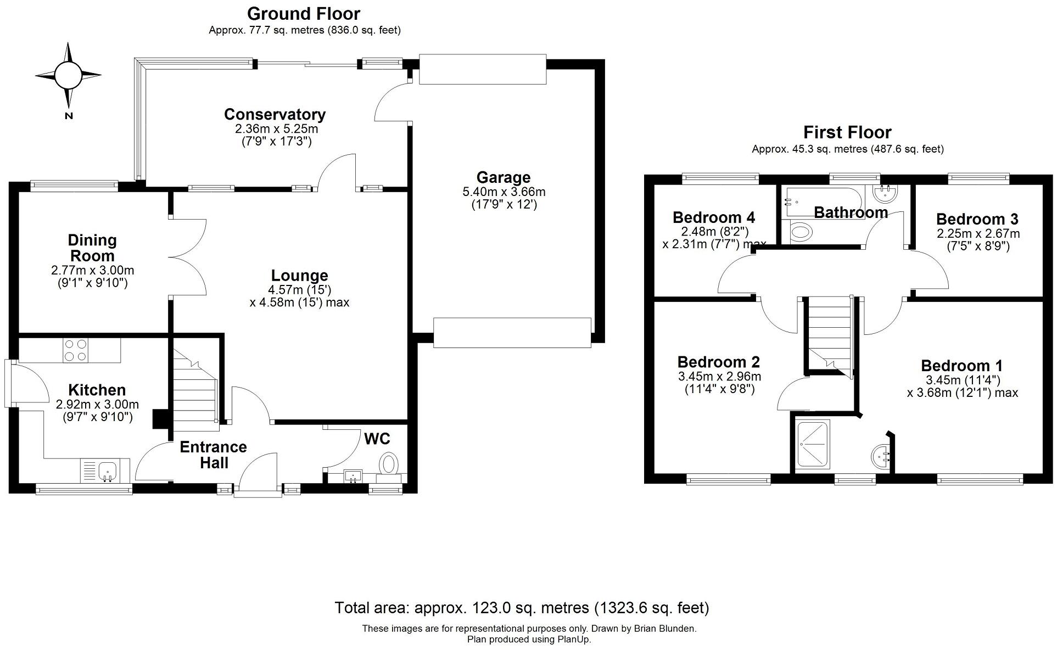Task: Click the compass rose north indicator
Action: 68,75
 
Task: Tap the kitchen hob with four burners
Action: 76,350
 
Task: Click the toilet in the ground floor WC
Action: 389,463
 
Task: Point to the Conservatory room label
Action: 275,114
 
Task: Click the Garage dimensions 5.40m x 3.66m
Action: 504,192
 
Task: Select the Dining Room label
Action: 92,248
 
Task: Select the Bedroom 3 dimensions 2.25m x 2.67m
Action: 978,233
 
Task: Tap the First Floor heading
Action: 847,132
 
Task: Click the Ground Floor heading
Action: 303,13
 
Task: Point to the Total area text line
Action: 522,608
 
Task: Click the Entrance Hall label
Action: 213,455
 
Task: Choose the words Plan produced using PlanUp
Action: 529,640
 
